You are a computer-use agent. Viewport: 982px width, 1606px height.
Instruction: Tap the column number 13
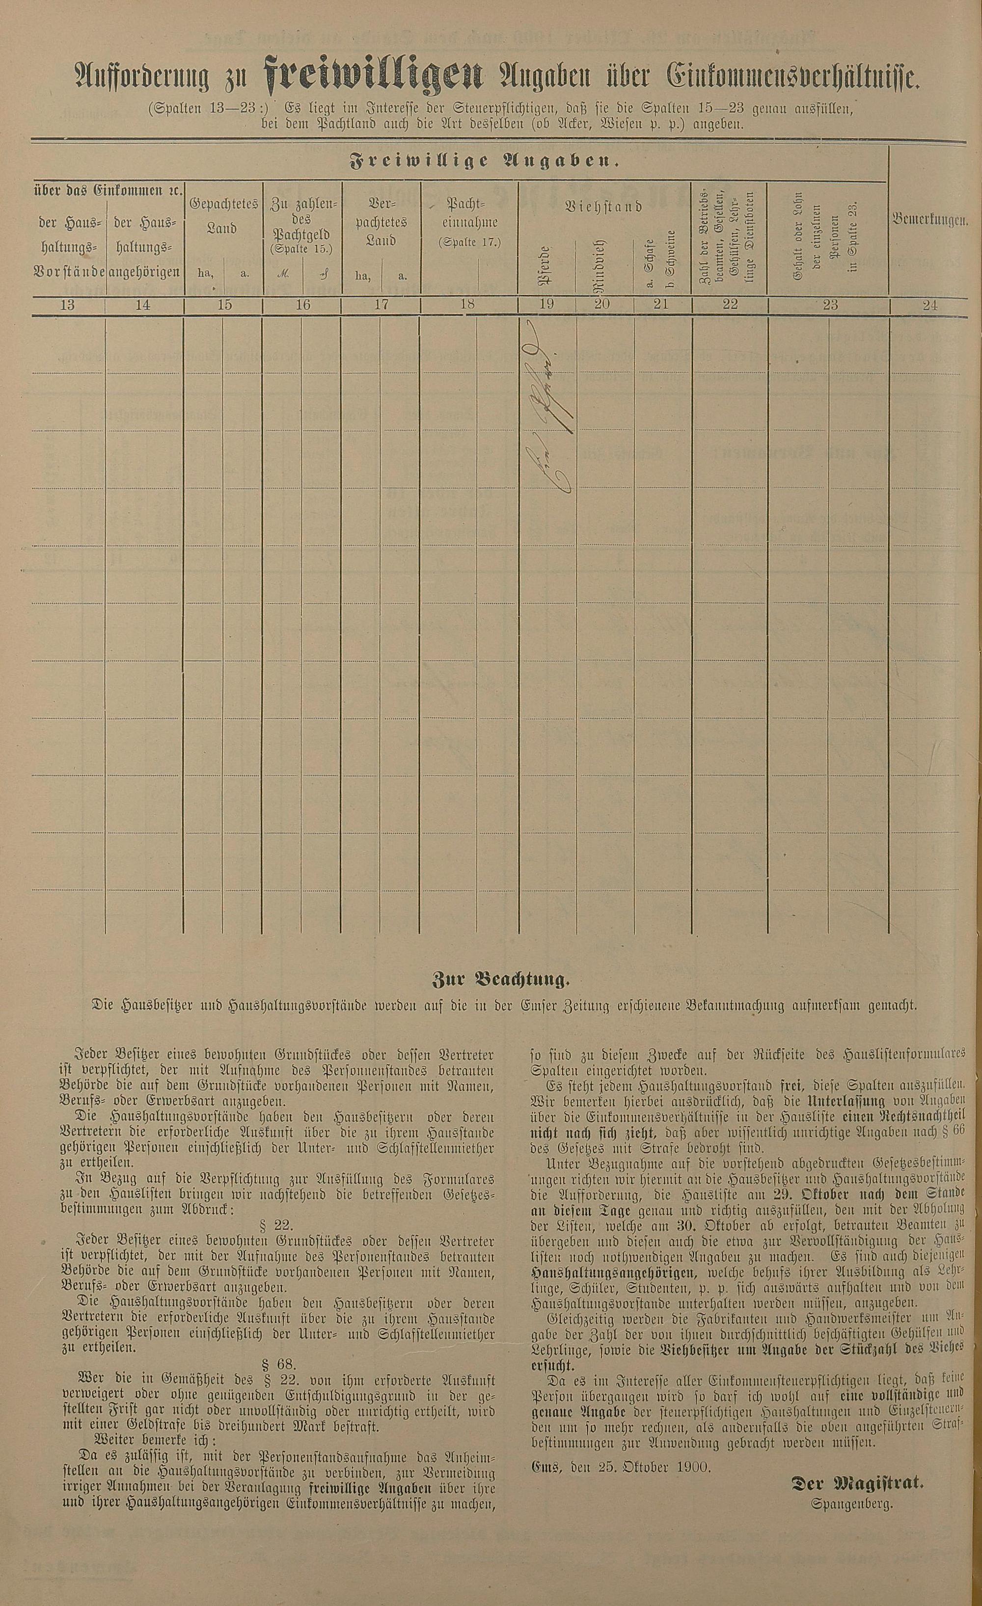coord(67,305)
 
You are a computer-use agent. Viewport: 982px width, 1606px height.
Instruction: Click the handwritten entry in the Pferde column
coord(547,416)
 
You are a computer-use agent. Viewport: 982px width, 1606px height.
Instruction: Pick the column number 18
coord(467,305)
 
